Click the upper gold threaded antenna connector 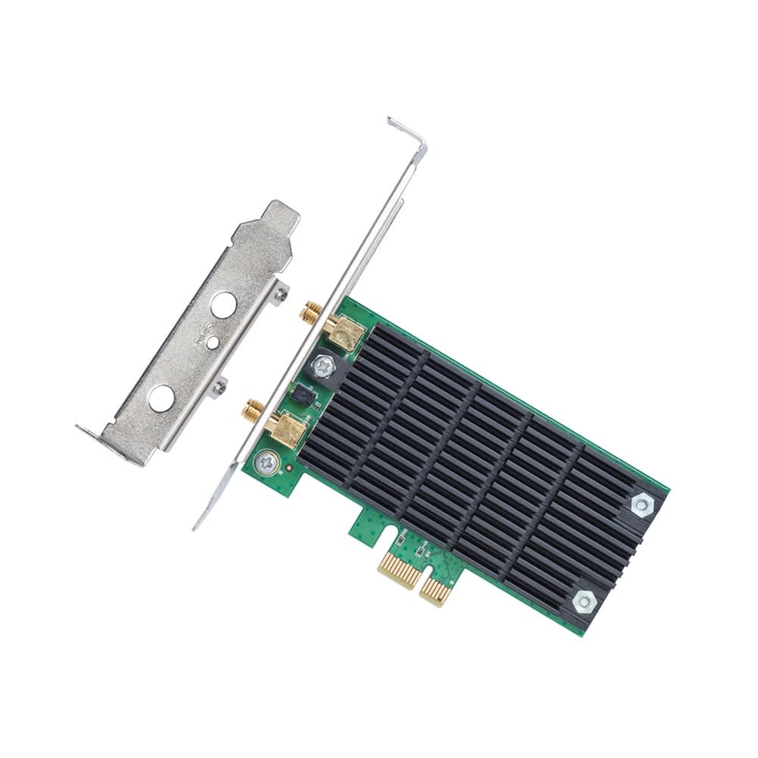coord(310,311)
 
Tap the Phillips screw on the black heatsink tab coord(324,366)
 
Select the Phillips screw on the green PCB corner coord(265,462)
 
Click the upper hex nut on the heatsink coord(641,506)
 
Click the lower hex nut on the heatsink coord(584,602)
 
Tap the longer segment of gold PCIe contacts coord(399,568)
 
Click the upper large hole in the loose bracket coord(223,305)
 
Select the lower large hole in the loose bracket coord(161,398)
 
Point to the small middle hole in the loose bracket coord(213,343)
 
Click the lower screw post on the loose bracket coord(220,387)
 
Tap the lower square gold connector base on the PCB coord(286,430)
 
